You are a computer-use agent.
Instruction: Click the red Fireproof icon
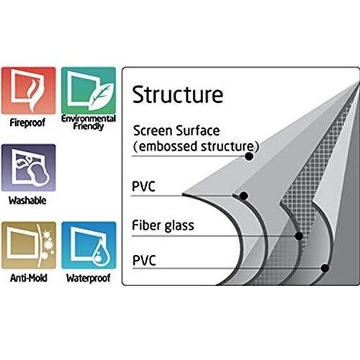point(28,91)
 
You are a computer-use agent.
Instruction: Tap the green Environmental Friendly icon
point(89,91)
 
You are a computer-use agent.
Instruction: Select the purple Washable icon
point(29,168)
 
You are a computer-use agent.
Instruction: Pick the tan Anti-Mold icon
point(29,245)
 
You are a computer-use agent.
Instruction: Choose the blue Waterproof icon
point(89,245)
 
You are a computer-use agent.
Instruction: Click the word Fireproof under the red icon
point(27,123)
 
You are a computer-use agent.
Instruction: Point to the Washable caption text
point(27,200)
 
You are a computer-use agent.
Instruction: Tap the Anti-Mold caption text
point(29,278)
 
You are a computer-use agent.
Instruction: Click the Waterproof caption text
point(89,278)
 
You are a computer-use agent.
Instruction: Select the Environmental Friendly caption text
point(89,122)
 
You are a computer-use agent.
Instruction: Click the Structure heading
point(178,94)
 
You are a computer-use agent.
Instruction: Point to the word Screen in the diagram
point(153,131)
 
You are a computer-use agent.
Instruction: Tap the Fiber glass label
point(163,225)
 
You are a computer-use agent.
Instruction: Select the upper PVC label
point(144,186)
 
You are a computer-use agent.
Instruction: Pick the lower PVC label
point(144,261)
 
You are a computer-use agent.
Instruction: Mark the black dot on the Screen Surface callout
point(249,156)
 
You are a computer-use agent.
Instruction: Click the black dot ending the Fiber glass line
point(299,236)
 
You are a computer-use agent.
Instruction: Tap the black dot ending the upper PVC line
point(243,196)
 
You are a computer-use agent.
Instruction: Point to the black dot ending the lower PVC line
point(325,268)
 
